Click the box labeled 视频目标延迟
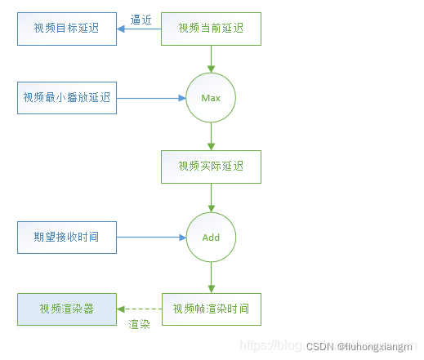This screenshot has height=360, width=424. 67,29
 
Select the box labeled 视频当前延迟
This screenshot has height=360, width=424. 212,29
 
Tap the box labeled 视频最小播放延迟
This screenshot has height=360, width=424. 67,98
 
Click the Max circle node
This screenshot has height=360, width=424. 212,98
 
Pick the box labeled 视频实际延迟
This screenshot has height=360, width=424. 212,167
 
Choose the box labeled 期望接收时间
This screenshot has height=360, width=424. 67,238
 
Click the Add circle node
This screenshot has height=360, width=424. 212,238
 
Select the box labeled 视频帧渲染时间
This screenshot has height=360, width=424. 212,309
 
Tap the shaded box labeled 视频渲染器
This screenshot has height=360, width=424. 67,309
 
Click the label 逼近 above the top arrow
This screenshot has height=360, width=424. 141,19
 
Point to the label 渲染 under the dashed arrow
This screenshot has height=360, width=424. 139,324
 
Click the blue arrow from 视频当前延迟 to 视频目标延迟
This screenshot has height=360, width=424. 139,29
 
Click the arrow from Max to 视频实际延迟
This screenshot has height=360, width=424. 212,136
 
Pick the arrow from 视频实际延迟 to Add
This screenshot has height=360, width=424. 212,198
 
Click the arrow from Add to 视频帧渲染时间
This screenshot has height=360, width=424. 212,278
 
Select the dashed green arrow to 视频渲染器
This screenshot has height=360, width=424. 139,309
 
